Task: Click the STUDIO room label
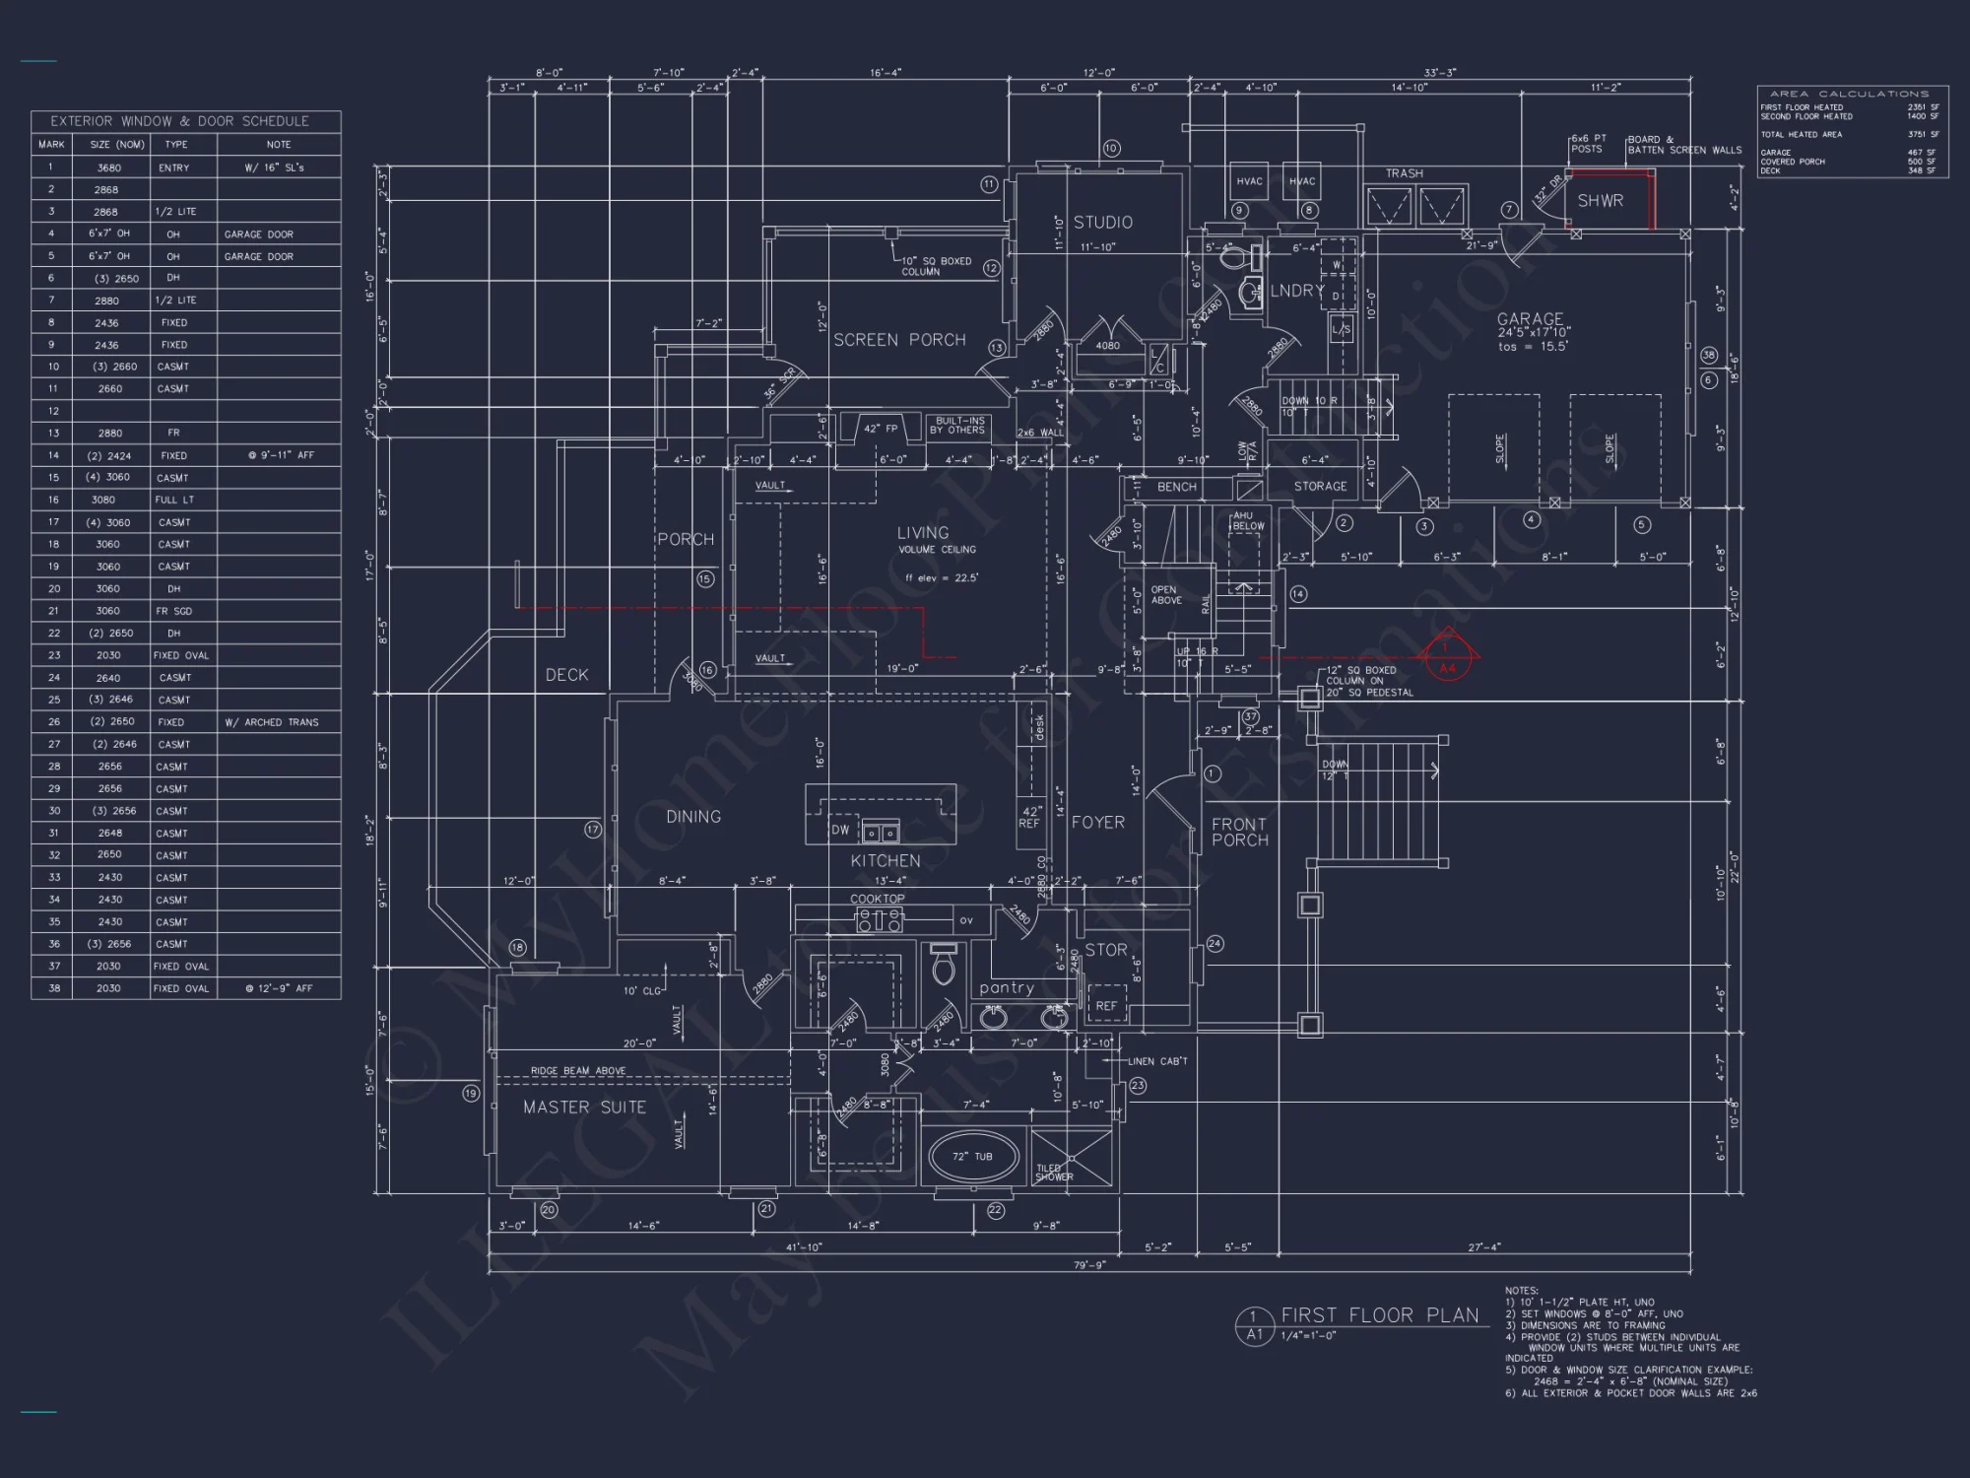[1102, 223]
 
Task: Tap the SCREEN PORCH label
[899, 340]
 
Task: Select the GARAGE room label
[1530, 319]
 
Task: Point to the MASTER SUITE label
[584, 1108]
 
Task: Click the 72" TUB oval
[972, 1157]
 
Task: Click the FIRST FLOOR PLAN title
[1379, 1315]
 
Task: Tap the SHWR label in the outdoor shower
[1600, 201]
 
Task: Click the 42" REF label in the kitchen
[1029, 817]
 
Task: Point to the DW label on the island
[840, 830]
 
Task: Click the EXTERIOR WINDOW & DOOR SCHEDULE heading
[179, 121]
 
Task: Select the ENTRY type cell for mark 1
[174, 168]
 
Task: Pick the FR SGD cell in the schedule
[174, 611]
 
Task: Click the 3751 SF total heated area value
[1922, 134]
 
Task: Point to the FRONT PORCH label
[1239, 832]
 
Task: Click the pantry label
[1006, 988]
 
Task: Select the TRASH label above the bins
[1404, 173]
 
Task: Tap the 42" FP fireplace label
[880, 429]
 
